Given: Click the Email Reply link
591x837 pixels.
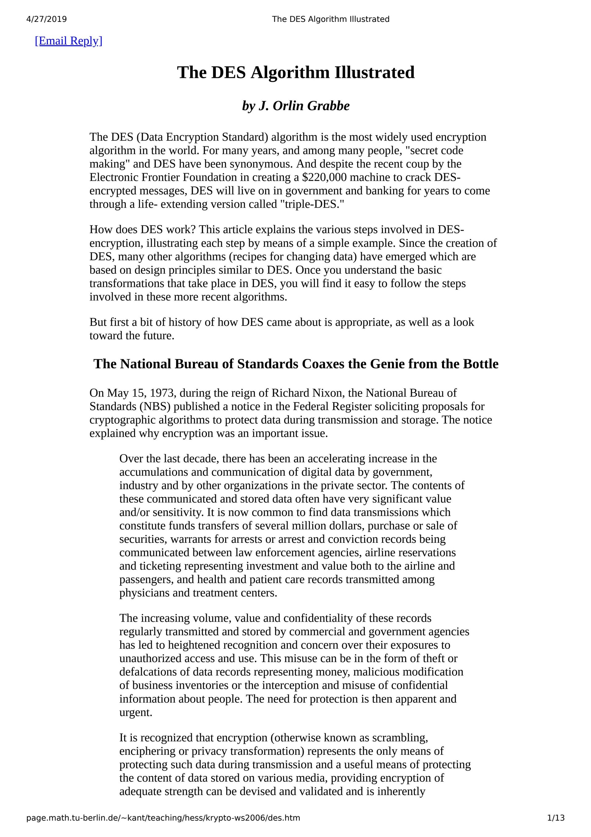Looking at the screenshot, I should (69, 41).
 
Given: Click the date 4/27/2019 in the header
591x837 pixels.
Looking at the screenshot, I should (47, 19).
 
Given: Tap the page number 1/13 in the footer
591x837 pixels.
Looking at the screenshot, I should (556, 818).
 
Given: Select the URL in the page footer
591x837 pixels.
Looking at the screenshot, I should (163, 818).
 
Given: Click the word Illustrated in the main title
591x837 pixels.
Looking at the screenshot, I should (375, 72).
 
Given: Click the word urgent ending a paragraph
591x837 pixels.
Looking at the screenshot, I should (135, 712).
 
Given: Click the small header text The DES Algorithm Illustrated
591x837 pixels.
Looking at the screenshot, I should (331, 19).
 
